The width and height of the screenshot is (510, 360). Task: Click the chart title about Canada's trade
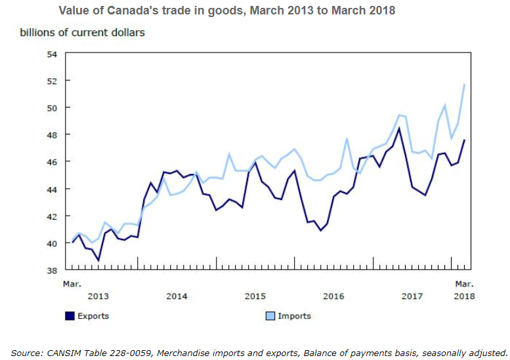226,11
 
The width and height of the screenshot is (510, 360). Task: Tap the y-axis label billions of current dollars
82,31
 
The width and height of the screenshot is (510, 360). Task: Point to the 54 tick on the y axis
52,53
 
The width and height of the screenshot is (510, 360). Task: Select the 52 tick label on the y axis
52,81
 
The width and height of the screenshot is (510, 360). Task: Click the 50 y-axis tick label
52,108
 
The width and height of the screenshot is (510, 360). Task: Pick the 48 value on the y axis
52,134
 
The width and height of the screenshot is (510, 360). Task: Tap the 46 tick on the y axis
52,161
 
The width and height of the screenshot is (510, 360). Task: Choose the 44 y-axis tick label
52,189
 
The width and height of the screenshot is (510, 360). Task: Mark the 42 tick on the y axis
52,216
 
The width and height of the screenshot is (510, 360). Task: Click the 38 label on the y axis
52,270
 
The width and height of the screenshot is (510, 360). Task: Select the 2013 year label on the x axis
98,296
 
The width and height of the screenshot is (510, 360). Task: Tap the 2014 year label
177,296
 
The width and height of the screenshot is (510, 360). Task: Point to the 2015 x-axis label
255,296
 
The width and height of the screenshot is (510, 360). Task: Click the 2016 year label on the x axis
333,296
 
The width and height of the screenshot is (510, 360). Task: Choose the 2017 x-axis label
412,296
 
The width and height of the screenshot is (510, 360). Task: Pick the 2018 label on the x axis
464,296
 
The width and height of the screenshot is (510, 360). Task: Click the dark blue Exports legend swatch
70,316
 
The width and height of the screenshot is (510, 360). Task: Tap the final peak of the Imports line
465,84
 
